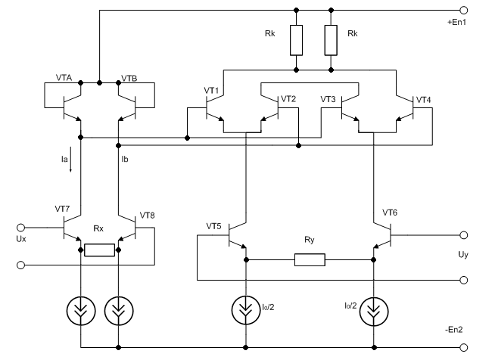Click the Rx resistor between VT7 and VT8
(x=99, y=250)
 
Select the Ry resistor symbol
(x=310, y=259)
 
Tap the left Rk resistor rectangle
(x=296, y=40)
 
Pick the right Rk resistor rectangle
(x=331, y=40)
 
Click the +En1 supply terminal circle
(x=463, y=11)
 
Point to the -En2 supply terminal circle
(x=463, y=348)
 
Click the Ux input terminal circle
(x=20, y=228)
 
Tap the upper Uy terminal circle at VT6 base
(x=463, y=235)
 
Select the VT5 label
(x=213, y=226)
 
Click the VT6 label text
(x=390, y=213)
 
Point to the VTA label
(x=64, y=78)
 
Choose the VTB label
(x=129, y=78)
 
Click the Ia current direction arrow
(x=70, y=160)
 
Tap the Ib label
(x=125, y=160)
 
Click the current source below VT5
(x=246, y=311)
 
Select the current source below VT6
(x=374, y=312)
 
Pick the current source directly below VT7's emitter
(x=81, y=311)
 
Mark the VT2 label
(x=288, y=99)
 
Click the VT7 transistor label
(x=62, y=209)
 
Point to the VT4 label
(x=424, y=100)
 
